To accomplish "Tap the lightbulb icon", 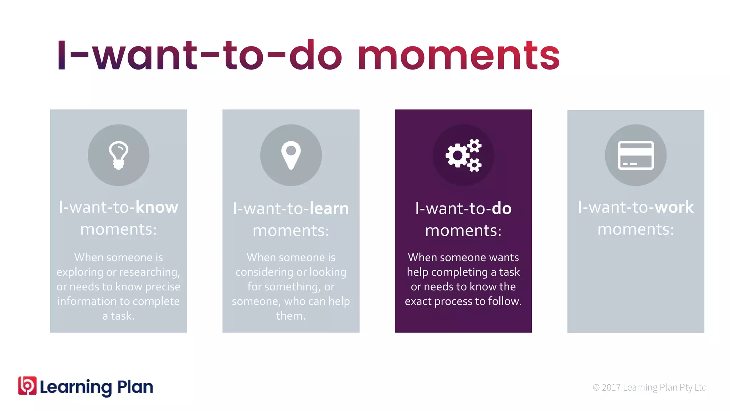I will click(118, 155).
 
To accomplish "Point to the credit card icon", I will click(636, 155).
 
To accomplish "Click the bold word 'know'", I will click(157, 207).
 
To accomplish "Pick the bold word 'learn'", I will click(329, 209).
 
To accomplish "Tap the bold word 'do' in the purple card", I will click(502, 209).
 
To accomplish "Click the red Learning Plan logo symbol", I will click(27, 386).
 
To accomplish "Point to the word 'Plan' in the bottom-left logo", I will click(135, 387).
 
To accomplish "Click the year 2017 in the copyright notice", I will click(611, 387).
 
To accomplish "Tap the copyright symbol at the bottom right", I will click(596, 387).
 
